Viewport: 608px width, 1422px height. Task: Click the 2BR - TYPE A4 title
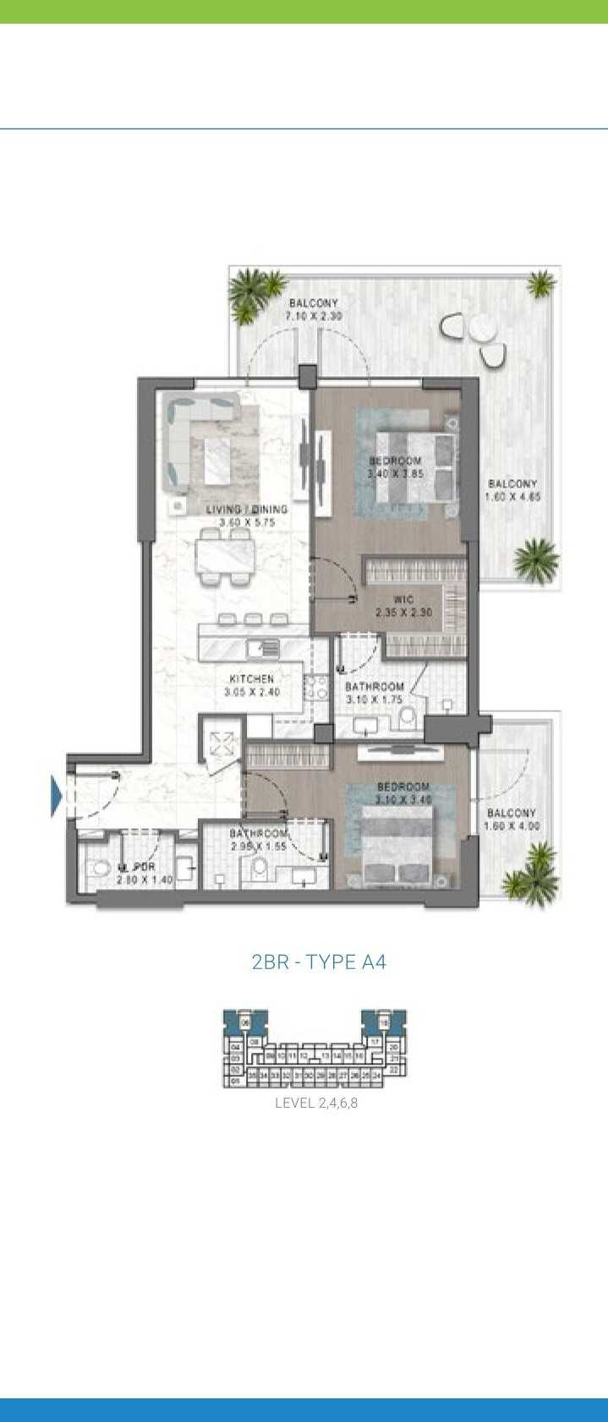(x=319, y=962)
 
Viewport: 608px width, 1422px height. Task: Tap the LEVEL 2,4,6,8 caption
(x=316, y=1103)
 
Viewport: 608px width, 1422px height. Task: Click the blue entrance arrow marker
(x=57, y=796)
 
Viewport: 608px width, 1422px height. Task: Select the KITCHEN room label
(x=251, y=678)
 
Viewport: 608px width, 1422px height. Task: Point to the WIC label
(x=403, y=600)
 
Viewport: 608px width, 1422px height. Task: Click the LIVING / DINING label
(x=247, y=509)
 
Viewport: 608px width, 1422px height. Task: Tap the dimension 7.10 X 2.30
(x=313, y=316)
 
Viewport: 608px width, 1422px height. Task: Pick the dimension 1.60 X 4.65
(x=512, y=497)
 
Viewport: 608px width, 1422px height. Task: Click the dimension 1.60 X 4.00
(x=512, y=826)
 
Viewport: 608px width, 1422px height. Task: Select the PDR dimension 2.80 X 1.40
(x=145, y=880)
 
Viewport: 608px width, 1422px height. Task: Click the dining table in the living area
(x=226, y=555)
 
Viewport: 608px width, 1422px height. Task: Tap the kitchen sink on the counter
(x=263, y=649)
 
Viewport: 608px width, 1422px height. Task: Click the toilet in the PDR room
(x=100, y=869)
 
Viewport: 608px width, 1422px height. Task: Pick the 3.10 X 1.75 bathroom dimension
(x=374, y=700)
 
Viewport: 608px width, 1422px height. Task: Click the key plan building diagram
(x=315, y=1049)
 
